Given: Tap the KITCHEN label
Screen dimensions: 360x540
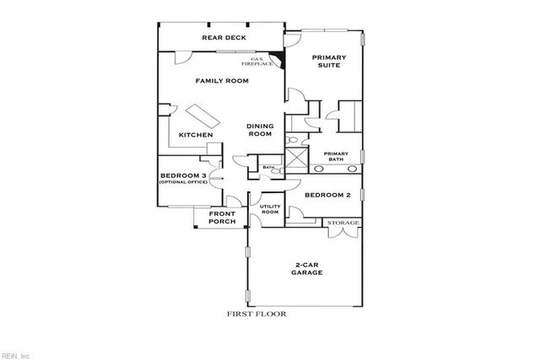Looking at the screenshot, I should point(195,136).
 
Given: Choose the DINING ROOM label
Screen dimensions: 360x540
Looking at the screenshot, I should point(259,130).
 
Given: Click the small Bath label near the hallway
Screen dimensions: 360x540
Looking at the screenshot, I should point(268,168).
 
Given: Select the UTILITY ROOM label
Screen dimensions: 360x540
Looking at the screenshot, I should point(269,210).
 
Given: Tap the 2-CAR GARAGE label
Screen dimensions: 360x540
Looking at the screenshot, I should point(306,268).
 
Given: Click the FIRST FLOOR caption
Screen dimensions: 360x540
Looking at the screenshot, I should point(256,313).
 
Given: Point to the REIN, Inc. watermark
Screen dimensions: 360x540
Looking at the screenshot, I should point(17,354).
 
